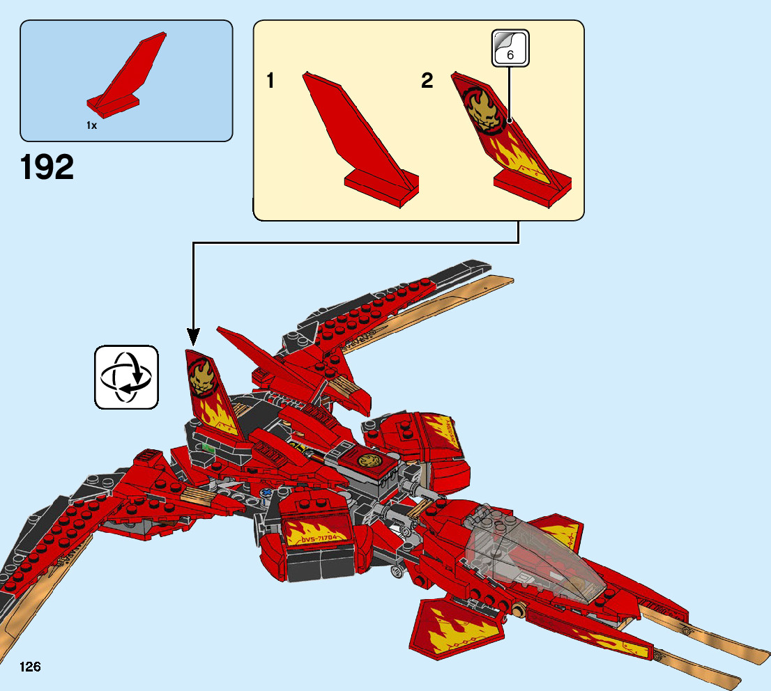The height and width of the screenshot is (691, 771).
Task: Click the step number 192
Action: pyautogui.click(x=47, y=167)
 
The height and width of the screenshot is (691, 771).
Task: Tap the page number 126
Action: pyautogui.click(x=31, y=667)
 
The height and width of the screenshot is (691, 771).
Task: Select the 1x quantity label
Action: pyautogui.click(x=91, y=125)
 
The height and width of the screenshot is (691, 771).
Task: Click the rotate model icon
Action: pyautogui.click(x=126, y=377)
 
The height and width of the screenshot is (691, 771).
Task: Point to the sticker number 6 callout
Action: pyautogui.click(x=510, y=48)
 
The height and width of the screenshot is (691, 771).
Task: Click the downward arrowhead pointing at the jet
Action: pyautogui.click(x=193, y=338)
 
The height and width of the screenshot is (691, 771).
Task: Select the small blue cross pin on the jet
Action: pyautogui.click(x=266, y=495)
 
